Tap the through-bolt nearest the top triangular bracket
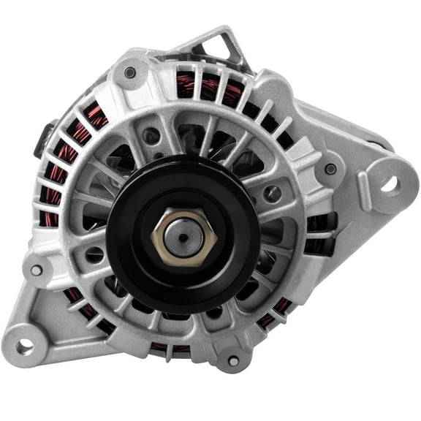[x=130, y=72]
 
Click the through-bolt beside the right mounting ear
[x=331, y=169]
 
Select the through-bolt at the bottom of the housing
[x=233, y=360]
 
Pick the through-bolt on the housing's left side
[x=36, y=270]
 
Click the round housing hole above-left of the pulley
[x=152, y=136]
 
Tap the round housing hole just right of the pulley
[x=273, y=194]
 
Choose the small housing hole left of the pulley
[x=94, y=254]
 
